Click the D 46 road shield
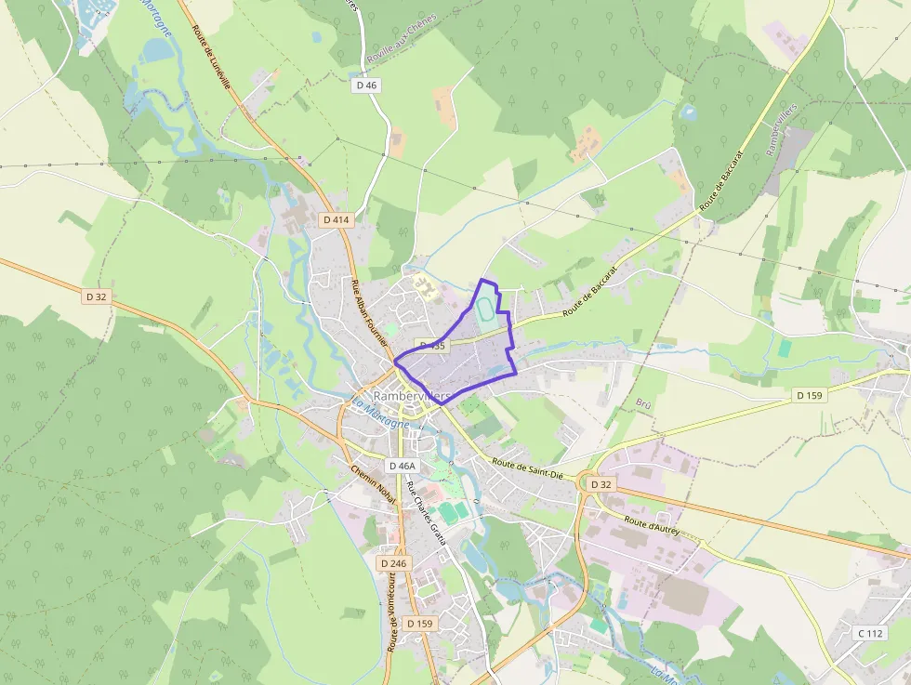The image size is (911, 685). tap(367, 85)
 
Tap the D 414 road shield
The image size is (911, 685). tap(336, 220)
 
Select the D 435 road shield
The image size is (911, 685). tap(432, 346)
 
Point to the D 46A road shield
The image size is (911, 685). tap(402, 466)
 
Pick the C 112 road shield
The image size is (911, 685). tap(868, 634)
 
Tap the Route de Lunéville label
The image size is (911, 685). tap(211, 56)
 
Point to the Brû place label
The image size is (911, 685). tap(643, 403)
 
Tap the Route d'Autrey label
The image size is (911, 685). tap(653, 527)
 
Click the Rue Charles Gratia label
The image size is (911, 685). tap(427, 514)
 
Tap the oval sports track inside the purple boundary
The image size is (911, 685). tap(486, 312)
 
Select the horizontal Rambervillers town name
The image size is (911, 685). tap(411, 396)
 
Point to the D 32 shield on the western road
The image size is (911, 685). tap(97, 296)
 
